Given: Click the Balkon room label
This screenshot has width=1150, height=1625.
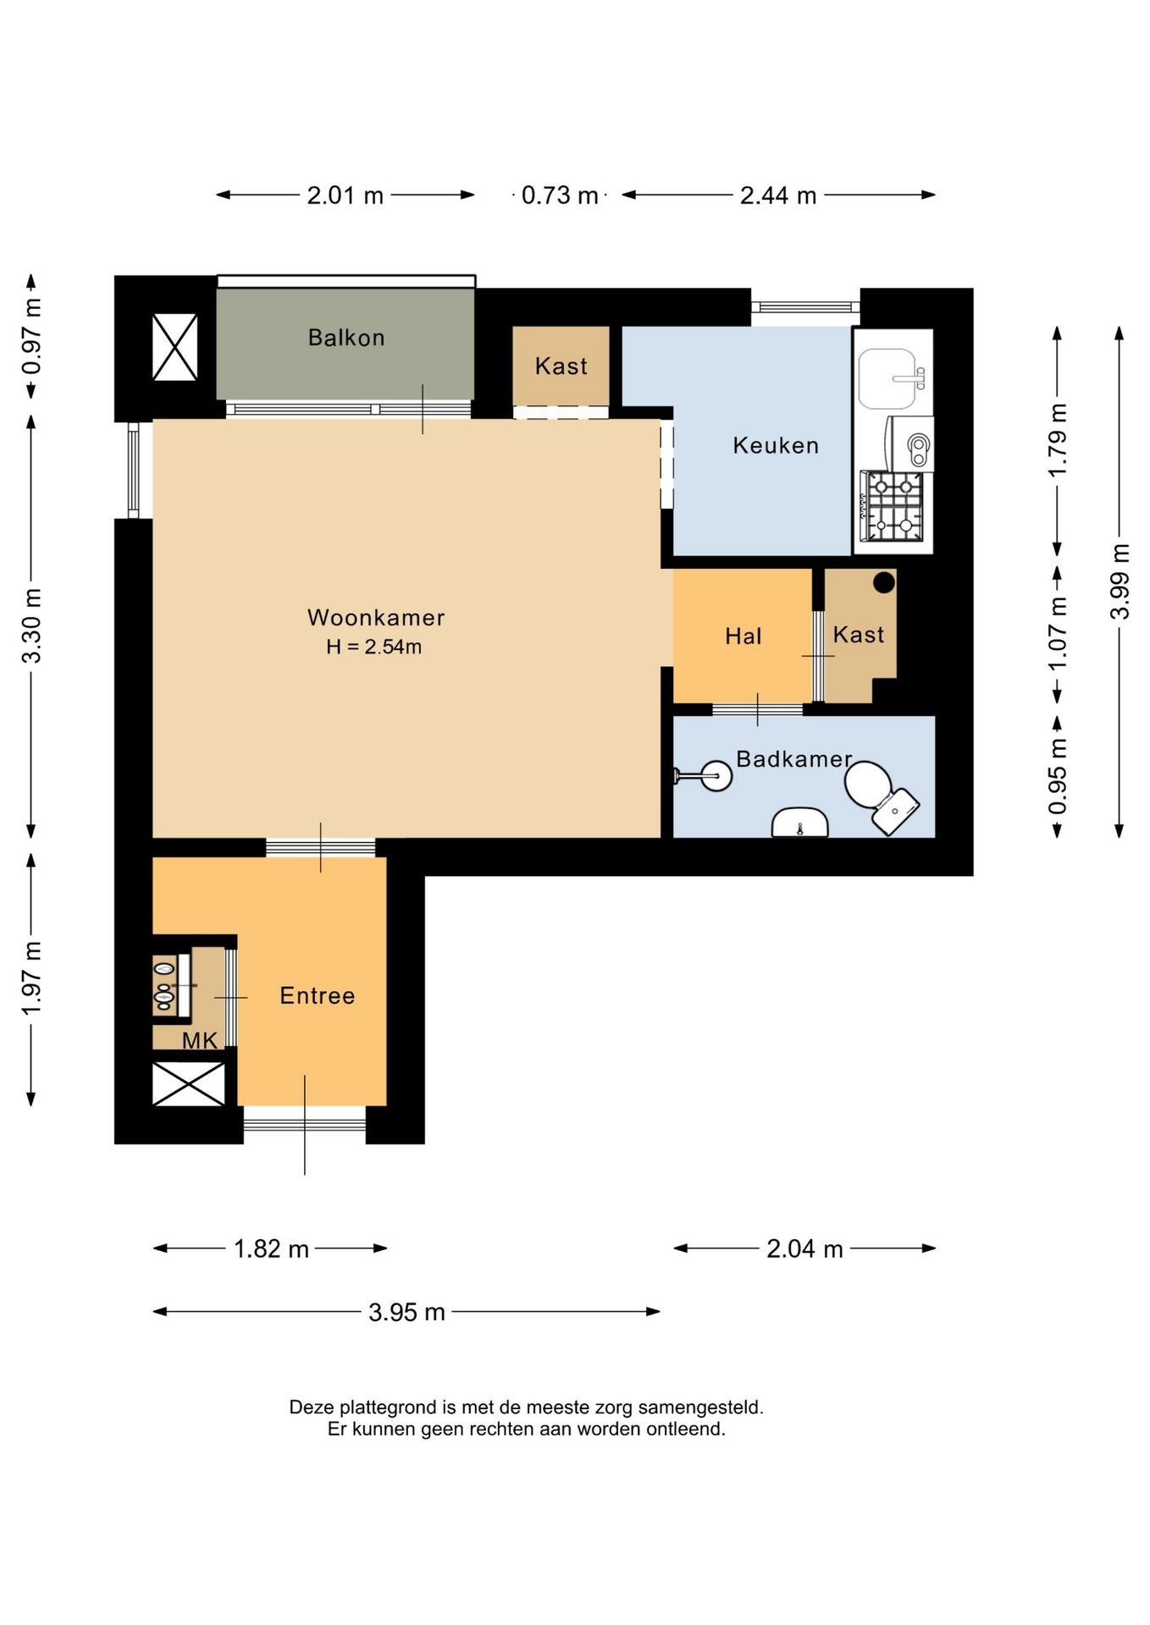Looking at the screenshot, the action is pyautogui.click(x=346, y=338).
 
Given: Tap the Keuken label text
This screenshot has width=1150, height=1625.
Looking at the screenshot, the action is pyautogui.click(x=776, y=445).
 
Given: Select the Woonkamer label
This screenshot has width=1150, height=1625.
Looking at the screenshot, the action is pyautogui.click(x=376, y=618).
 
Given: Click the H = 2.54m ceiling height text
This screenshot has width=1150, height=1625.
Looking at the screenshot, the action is pyautogui.click(x=374, y=647).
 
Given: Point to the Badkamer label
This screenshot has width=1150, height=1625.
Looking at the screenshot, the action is pyautogui.click(x=793, y=759).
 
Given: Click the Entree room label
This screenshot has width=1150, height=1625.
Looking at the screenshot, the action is pyautogui.click(x=318, y=995).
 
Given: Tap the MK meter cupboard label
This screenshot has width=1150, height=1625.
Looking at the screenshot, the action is pyautogui.click(x=200, y=1041).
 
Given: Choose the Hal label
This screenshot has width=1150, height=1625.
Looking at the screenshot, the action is pyautogui.click(x=744, y=636).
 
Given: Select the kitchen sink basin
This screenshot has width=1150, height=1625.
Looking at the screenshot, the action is pyautogui.click(x=887, y=378).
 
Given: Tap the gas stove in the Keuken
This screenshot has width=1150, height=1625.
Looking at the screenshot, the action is pyautogui.click(x=893, y=506).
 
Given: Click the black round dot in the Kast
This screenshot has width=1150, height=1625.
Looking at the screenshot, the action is pyautogui.click(x=884, y=582).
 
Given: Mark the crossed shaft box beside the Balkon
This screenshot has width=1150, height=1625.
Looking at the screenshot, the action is pyautogui.click(x=175, y=347).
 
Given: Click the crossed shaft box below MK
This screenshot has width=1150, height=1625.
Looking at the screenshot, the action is pyautogui.click(x=189, y=1084).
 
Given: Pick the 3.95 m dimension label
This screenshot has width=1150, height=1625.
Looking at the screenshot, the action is pyautogui.click(x=406, y=1312).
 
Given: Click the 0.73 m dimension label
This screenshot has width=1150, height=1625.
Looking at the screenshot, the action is pyautogui.click(x=560, y=196).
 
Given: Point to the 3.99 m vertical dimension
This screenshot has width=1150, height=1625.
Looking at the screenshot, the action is pyautogui.click(x=1120, y=581).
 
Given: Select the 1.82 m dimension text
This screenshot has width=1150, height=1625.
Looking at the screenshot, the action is pyautogui.click(x=271, y=1248).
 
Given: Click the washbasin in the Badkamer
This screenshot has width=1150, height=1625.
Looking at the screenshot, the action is pyautogui.click(x=800, y=822).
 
